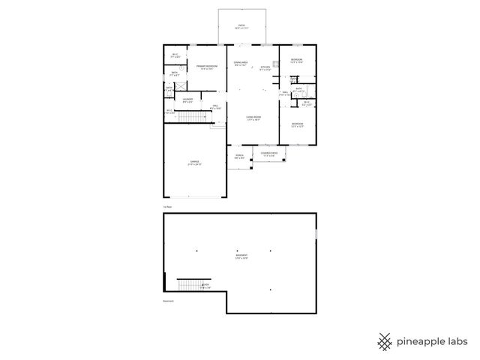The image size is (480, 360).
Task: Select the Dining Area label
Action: point(241,64)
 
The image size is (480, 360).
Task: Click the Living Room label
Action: point(253,118)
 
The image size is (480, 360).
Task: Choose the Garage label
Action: point(193,163)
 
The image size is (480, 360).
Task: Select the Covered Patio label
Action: point(269,154)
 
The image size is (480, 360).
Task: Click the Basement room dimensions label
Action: point(241,257)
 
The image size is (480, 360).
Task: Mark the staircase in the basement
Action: point(189,285)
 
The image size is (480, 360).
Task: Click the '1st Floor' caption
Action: point(168,206)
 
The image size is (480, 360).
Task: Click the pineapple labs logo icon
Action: point(385,341)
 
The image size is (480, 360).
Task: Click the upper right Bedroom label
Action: point(297,61)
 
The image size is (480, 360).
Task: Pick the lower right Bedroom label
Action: point(297,125)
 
